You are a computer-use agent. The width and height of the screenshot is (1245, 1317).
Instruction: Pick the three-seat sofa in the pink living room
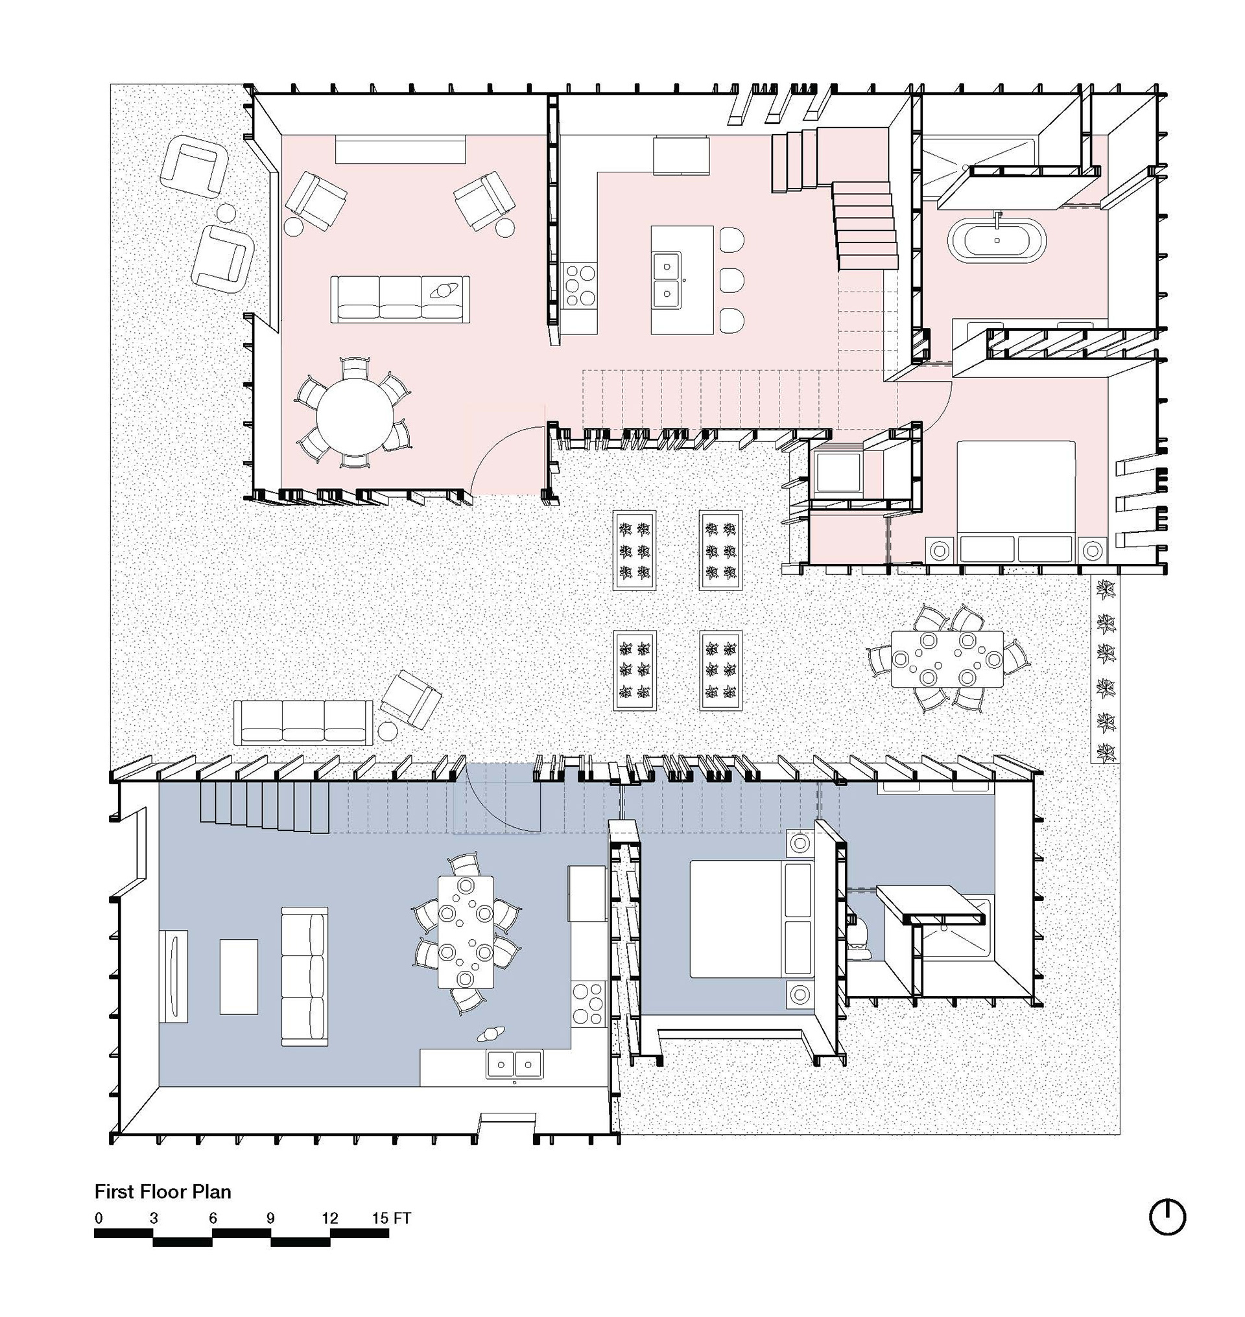400,299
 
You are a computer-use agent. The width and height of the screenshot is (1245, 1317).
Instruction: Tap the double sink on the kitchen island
666,281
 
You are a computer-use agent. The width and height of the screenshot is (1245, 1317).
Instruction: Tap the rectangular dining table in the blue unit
466,932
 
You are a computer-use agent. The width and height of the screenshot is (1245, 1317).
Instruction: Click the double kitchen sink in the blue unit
514,1065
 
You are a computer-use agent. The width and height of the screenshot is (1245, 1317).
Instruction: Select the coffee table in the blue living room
238,976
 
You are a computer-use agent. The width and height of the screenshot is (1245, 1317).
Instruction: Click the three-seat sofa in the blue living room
305,976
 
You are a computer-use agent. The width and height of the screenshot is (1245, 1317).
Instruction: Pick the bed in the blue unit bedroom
752,919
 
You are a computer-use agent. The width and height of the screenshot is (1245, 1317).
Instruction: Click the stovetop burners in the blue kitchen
588,1004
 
